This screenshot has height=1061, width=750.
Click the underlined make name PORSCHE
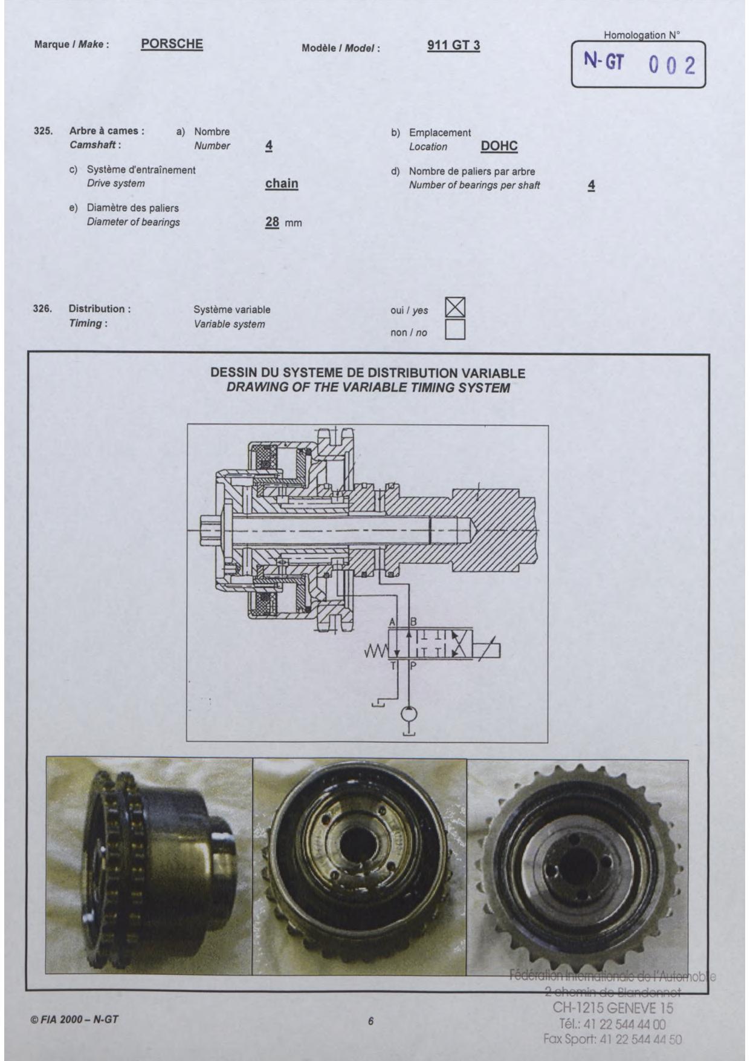172,44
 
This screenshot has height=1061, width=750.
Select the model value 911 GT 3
453,45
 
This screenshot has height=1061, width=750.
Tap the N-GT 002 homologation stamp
638,64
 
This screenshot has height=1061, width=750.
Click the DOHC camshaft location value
499,146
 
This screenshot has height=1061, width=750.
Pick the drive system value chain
282,183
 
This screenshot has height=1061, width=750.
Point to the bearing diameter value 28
272,222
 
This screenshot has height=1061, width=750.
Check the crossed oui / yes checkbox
455,308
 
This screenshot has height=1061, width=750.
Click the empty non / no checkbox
455,330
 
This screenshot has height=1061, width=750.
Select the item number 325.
43,131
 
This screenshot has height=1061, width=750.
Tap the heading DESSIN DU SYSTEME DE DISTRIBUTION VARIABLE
367,373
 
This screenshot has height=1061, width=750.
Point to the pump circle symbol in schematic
409,714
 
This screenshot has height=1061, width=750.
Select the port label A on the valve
392,622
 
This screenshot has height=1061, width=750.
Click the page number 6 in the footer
371,1021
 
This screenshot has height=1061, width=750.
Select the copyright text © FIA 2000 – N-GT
74,1019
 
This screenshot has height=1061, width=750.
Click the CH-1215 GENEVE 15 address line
613,1008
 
